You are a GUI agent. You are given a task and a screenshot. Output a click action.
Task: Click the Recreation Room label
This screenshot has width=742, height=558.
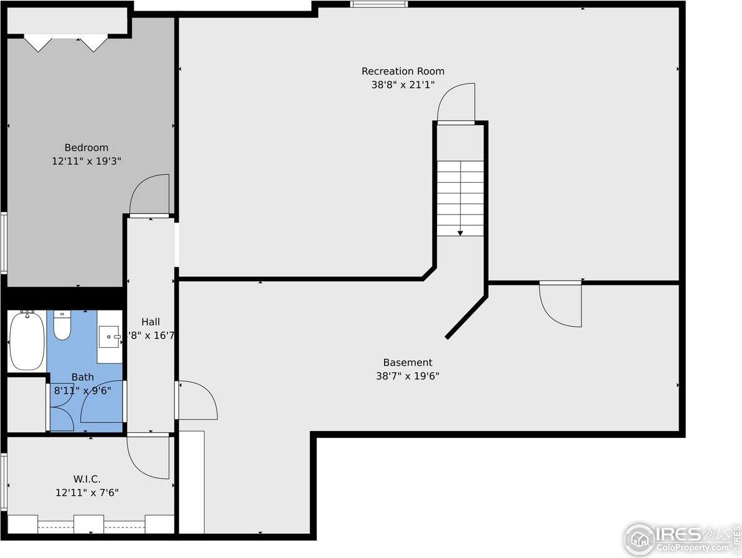point(403,71)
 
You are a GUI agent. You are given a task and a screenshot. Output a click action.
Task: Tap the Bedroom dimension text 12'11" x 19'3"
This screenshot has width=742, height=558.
point(86,160)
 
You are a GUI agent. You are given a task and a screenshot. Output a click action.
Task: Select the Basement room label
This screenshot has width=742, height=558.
point(407,363)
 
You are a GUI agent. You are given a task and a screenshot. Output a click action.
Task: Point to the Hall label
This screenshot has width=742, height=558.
point(150,322)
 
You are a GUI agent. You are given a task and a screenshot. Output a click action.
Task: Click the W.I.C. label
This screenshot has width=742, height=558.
point(87,479)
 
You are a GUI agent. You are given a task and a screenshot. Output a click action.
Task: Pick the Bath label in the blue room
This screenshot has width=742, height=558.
point(82,377)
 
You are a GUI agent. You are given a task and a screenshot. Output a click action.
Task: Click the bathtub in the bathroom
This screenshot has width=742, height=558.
point(26,340)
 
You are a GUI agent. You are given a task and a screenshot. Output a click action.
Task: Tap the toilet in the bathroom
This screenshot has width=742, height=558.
point(62,325)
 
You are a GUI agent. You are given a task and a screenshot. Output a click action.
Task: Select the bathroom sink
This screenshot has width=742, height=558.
point(110,337)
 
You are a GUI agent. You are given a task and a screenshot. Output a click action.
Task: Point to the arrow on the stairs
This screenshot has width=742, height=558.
point(460,232)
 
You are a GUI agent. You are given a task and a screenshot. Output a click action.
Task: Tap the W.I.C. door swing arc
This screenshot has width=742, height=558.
point(148,457)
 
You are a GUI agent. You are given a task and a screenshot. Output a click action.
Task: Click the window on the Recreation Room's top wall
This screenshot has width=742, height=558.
point(378,4)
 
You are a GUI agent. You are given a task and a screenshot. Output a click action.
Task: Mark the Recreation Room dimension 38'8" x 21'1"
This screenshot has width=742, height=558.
point(403,85)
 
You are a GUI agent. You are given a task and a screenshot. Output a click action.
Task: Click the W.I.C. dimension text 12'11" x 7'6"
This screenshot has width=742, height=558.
point(87,493)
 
